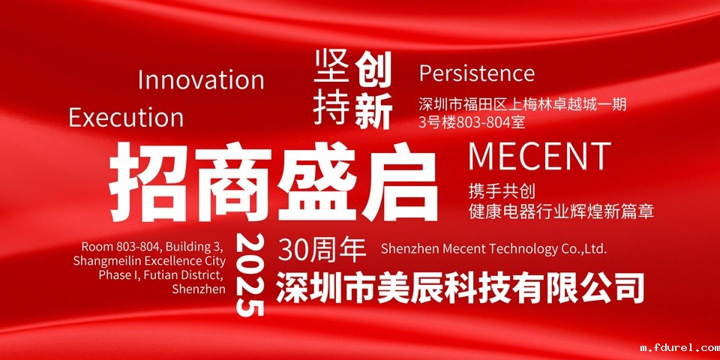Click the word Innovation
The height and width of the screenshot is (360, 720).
tap(201, 80)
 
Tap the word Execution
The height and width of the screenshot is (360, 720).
tap(126, 117)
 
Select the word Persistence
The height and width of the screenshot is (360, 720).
tap(477, 73)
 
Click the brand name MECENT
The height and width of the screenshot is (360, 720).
tap(539, 157)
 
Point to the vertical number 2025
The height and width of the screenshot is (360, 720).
tap(250, 274)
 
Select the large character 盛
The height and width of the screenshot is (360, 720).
tap(316, 181)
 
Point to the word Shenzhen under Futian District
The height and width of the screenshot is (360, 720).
tap(199, 289)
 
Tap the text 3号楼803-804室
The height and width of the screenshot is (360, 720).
tap(472, 122)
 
